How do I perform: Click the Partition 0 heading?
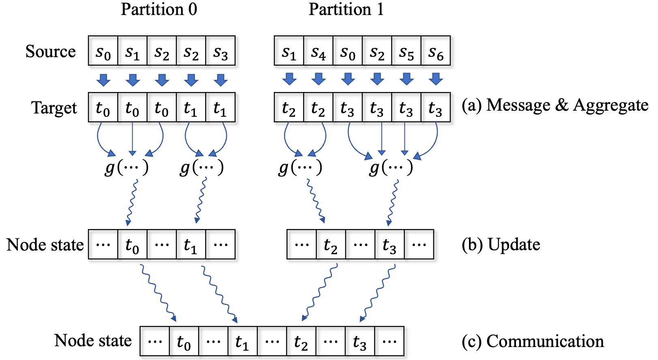pyautogui.click(x=159, y=9)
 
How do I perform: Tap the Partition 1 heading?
pyautogui.click(x=346, y=9)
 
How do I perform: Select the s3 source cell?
pyautogui.click(x=221, y=51)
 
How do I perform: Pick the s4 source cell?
pyautogui.click(x=318, y=51)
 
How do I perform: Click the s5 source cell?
pyautogui.click(x=406, y=51)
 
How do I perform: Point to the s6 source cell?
pyautogui.click(x=436, y=51)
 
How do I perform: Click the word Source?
pyautogui.click(x=51, y=51)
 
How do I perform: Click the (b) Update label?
pyautogui.click(x=501, y=244)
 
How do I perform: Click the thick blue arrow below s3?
pyautogui.click(x=221, y=79)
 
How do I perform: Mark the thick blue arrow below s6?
pyautogui.click(x=436, y=79)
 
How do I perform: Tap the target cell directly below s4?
pyautogui.click(x=318, y=107)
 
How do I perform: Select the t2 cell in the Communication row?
pyautogui.click(x=301, y=341)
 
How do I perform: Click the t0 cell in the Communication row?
pyautogui.click(x=184, y=341)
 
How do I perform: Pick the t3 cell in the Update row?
pyautogui.click(x=390, y=244)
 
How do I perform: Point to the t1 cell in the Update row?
pyautogui.click(x=191, y=244)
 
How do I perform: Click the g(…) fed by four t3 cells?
pyautogui.click(x=391, y=168)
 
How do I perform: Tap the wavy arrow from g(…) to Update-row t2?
pyautogui.click(x=316, y=201)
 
